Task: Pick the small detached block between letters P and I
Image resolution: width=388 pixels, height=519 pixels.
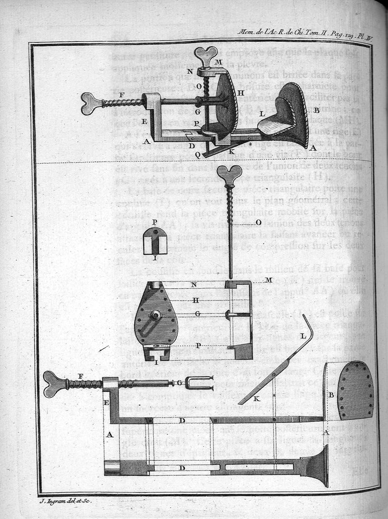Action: click(155, 242)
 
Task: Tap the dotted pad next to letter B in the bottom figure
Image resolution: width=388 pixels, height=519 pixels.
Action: click(356, 389)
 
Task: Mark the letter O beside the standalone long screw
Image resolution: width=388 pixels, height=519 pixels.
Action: click(259, 222)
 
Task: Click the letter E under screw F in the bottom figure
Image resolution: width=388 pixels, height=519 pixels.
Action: click(107, 402)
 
